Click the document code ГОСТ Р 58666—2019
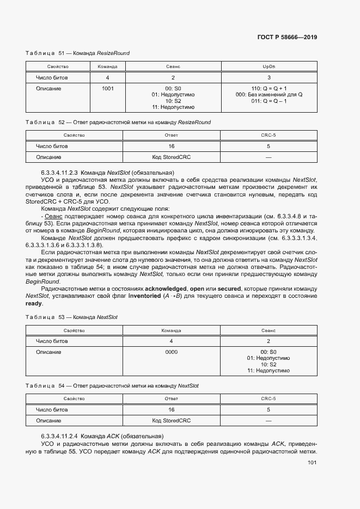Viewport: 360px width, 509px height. [287, 37]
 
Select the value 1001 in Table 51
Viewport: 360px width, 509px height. [107, 88]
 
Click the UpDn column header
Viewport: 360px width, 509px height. [269, 66]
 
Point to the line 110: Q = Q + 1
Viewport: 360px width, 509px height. [269, 88]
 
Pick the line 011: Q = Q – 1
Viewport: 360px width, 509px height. [269, 101]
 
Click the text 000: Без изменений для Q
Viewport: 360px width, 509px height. [269, 94]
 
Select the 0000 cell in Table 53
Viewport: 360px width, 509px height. [171, 352]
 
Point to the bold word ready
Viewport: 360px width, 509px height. [34, 304]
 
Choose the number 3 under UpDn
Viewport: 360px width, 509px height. [269, 78]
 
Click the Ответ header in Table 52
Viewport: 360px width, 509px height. [171, 135]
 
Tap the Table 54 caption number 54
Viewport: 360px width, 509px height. [62, 385]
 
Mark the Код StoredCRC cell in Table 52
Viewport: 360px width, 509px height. [171, 157]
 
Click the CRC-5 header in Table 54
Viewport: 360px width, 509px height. [269, 398]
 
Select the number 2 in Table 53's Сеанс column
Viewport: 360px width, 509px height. [269, 341]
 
